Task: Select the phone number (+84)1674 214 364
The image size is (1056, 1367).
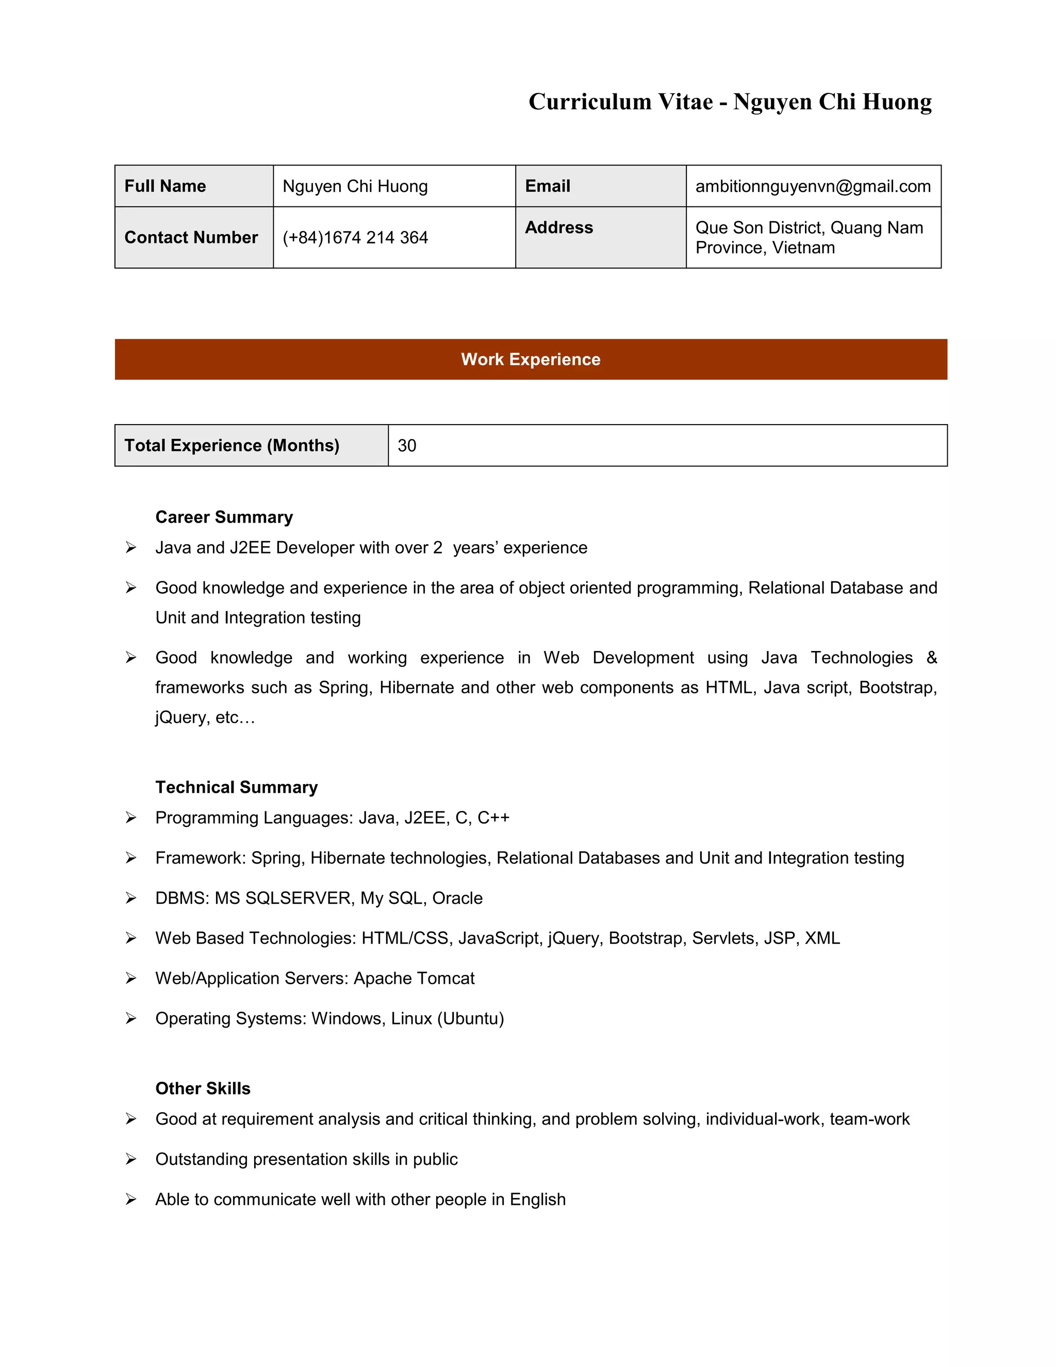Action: pos(355,237)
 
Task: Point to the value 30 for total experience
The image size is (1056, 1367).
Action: pos(407,446)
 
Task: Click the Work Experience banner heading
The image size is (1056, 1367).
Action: pos(531,359)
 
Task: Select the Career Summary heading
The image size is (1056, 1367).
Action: pos(224,517)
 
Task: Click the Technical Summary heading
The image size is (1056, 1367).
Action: pos(237,787)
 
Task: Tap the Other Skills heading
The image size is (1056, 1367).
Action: pos(203,1088)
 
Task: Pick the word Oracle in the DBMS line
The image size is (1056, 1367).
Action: pos(457,898)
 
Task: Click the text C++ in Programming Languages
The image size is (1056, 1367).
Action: pos(493,818)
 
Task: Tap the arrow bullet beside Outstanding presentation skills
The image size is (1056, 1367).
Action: pos(131,1159)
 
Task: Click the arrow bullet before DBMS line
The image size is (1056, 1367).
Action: pos(131,898)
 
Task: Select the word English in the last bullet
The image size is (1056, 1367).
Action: pos(537,1199)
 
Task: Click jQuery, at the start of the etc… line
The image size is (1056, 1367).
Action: pos(182,718)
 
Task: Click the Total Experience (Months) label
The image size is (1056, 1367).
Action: pos(232,446)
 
